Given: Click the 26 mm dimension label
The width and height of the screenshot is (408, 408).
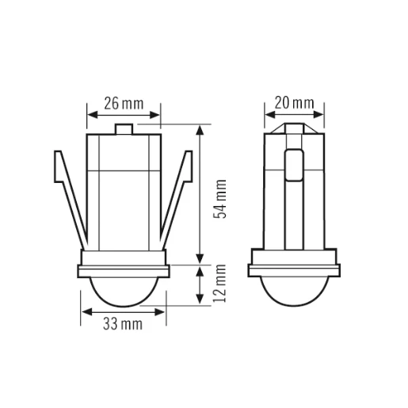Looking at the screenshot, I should (124, 103).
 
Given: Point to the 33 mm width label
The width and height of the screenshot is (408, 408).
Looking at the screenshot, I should (123, 324).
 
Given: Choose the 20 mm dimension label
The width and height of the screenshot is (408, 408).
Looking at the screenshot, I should (294, 103).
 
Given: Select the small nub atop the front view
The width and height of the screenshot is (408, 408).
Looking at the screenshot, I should (124, 128).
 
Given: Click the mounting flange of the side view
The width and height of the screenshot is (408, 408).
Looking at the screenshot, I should (293, 268).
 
